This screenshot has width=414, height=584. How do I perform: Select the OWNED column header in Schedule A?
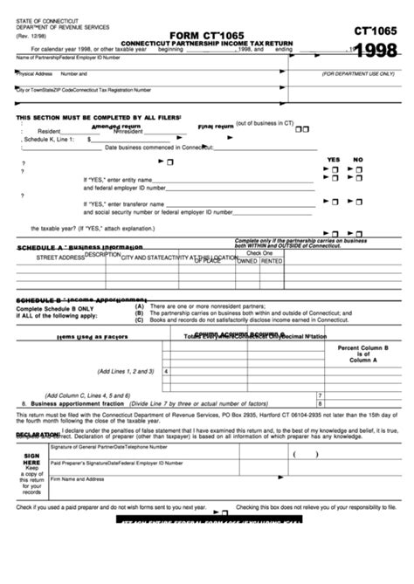(248, 261)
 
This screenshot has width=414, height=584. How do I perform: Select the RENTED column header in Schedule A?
(272, 261)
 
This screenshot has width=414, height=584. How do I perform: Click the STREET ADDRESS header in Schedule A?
(59, 258)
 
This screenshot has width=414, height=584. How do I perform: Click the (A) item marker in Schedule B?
(139, 306)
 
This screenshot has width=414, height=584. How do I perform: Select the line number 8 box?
(321, 404)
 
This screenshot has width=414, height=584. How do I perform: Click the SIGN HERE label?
(31, 460)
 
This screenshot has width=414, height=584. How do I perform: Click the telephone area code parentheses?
(305, 454)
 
